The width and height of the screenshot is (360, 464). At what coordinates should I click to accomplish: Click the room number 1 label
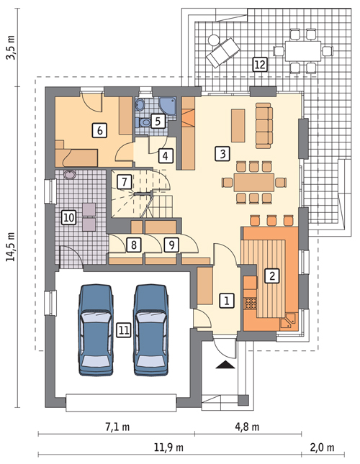pyautogui.click(x=226, y=301)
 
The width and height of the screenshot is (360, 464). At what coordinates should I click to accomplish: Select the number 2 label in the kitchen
pyautogui.click(x=271, y=275)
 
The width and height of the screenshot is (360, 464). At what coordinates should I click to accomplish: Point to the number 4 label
pyautogui.click(x=166, y=155)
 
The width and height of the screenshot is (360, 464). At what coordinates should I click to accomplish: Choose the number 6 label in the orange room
pyautogui.click(x=99, y=129)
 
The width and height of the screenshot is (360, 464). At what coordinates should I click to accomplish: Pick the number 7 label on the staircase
pyautogui.click(x=124, y=181)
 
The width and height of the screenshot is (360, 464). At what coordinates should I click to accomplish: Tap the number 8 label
pyautogui.click(x=133, y=245)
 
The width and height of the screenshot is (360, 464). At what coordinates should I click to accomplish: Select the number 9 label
pyautogui.click(x=171, y=245)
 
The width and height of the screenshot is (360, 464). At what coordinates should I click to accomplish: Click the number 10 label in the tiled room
pyautogui.click(x=68, y=217)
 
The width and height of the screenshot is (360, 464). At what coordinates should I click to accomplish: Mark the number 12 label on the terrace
pyautogui.click(x=259, y=65)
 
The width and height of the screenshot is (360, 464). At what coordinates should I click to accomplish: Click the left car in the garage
pyautogui.click(x=96, y=327)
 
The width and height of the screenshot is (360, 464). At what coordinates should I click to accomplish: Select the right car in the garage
pyautogui.click(x=150, y=327)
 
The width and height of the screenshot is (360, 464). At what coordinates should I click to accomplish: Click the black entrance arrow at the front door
pyautogui.click(x=225, y=365)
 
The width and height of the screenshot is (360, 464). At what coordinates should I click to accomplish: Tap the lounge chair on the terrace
pyautogui.click(x=222, y=50)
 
